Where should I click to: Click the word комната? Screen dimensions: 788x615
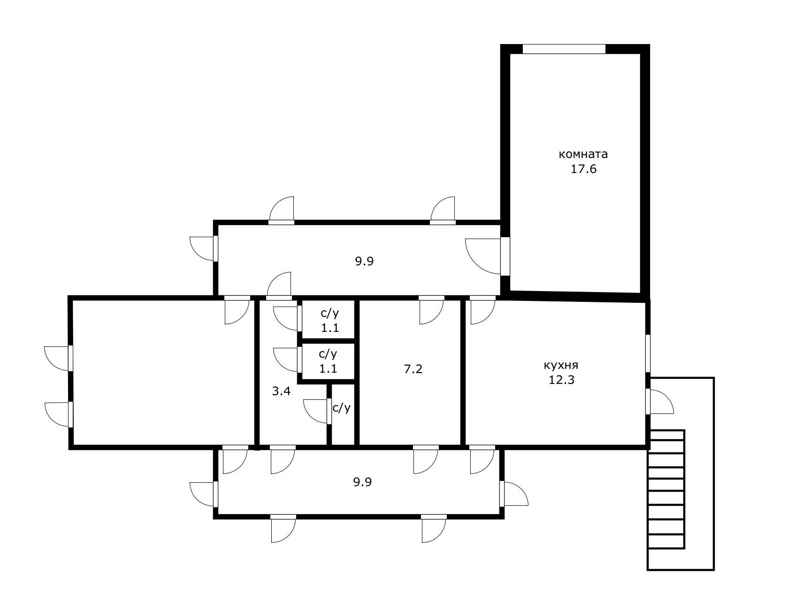pos(583,154)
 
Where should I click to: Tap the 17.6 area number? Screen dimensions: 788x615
pos(583,169)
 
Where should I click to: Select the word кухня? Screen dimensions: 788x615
pos(561,365)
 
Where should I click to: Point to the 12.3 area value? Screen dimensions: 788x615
pos(561,380)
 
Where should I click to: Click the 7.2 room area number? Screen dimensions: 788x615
pos(413,369)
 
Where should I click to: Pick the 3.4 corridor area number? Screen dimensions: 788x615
pos(281,391)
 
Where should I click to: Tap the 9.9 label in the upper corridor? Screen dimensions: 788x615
pos(364,262)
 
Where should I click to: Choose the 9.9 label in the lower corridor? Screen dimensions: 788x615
pos(363,482)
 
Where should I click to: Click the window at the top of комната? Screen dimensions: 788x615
pos(564,49)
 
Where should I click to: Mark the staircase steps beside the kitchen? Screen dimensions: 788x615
pos(666,489)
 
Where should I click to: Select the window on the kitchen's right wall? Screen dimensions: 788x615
pos(648,353)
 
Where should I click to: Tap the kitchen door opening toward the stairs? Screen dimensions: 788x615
pos(659,402)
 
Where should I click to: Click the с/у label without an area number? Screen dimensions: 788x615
pos(341,408)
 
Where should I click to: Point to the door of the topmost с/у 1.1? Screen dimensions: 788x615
pos(286,318)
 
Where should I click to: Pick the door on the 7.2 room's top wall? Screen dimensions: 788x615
pos(431,310)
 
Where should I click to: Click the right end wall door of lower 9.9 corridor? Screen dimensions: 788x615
pos(514,493)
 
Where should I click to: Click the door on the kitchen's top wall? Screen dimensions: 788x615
pos(482,310)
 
